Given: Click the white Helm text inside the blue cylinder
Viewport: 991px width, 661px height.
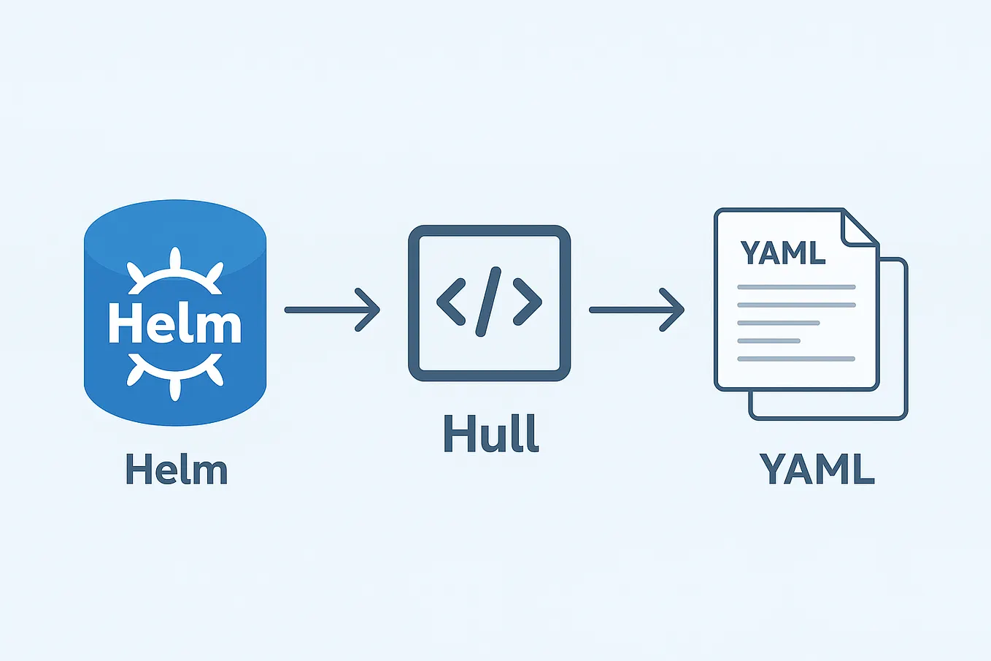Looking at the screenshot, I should pyautogui.click(x=174, y=324).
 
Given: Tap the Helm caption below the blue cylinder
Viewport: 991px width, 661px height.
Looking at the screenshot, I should pyautogui.click(x=177, y=470).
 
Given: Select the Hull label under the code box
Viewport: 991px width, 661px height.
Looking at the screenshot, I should pyautogui.click(x=490, y=434).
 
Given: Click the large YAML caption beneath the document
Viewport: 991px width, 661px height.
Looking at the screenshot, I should pyautogui.click(x=817, y=469).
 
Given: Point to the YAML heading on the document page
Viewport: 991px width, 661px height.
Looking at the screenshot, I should pyautogui.click(x=782, y=253).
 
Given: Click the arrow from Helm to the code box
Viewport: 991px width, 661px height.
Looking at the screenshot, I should pyautogui.click(x=332, y=310).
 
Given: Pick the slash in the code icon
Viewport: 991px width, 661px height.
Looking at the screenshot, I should pyautogui.click(x=489, y=301).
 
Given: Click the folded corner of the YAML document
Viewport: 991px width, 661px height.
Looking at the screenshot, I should pyautogui.click(x=857, y=227).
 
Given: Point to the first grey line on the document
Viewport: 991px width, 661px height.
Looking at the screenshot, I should pyautogui.click(x=796, y=287).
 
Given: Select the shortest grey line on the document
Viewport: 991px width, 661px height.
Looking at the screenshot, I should pyautogui.click(x=768, y=340).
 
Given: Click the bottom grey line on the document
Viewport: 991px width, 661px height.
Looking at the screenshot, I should pyautogui.click(x=796, y=359).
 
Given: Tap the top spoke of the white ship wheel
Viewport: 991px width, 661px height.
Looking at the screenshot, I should pyautogui.click(x=174, y=259).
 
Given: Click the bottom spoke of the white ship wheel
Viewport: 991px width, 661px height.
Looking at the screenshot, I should pyautogui.click(x=174, y=389).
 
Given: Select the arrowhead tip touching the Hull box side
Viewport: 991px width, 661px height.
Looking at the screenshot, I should pyautogui.click(x=377, y=310).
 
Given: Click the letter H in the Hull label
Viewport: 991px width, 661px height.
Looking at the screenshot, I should pyautogui.click(x=456, y=434).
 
